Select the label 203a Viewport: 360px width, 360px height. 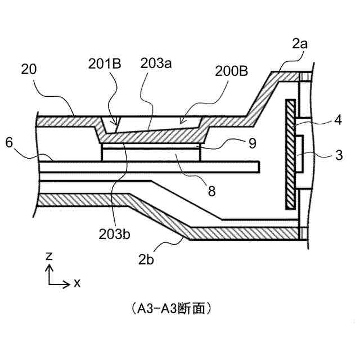coord(155,64)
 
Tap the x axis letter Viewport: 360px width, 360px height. coord(77,282)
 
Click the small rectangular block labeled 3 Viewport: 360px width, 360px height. coord(300,152)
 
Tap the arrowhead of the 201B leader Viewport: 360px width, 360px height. coord(117,125)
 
